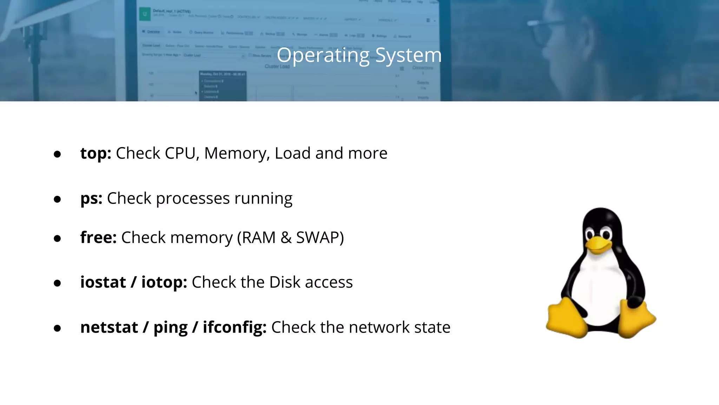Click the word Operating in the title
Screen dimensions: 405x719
pos(323,56)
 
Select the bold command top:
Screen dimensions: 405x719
pos(95,154)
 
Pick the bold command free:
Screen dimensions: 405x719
pos(98,237)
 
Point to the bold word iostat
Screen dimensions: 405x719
pos(103,282)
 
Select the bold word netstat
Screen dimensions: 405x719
pos(109,327)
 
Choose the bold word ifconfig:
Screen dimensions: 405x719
pos(235,327)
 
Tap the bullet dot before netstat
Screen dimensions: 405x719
pos(57,328)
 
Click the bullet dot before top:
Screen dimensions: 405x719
pos(57,154)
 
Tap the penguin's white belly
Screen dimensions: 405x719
pos(599,288)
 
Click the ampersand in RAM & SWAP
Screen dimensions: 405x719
pos(286,238)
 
